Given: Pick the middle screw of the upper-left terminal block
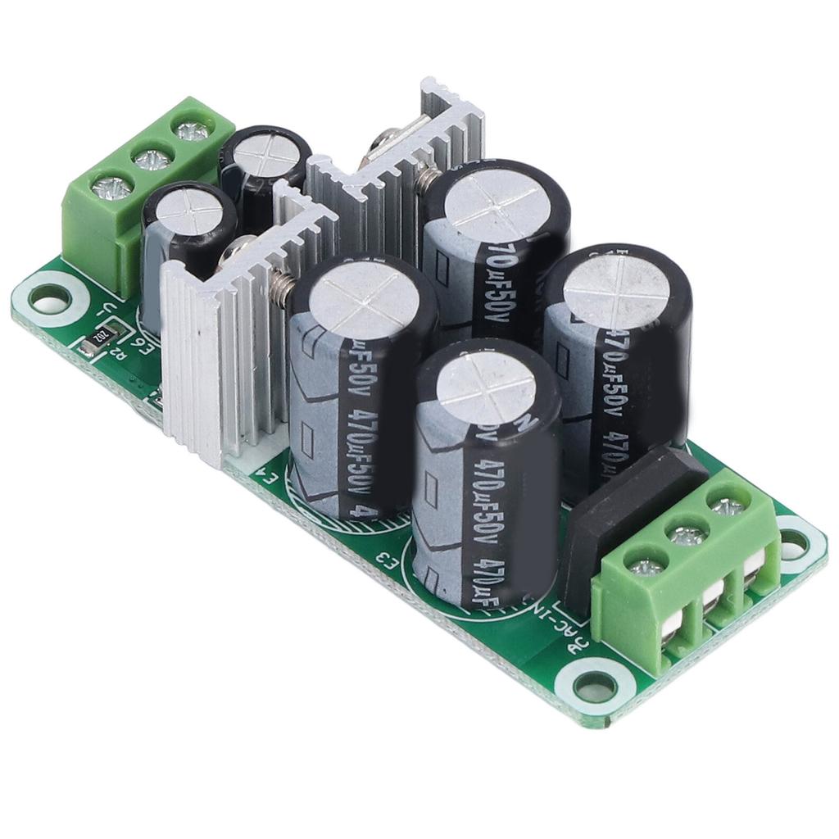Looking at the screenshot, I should pyautogui.click(x=149, y=157).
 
